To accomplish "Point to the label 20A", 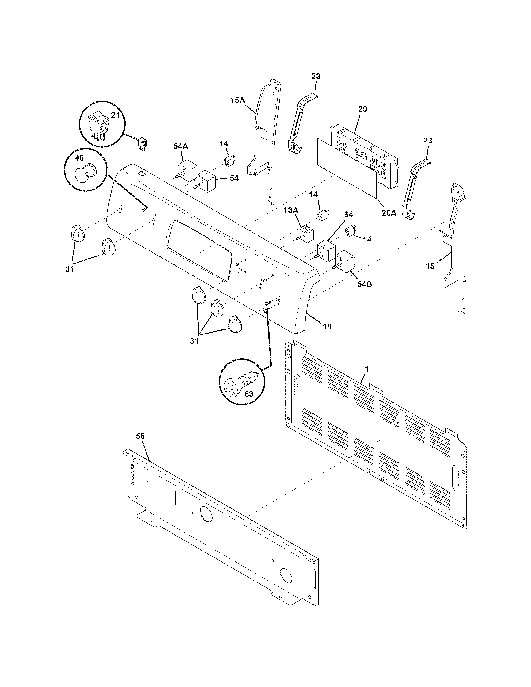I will point(389,213).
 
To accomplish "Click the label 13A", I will point(291,210).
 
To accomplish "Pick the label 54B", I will point(364,284).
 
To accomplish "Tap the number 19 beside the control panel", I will point(327,327).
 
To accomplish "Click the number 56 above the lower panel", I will point(140,436).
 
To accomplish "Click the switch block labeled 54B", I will point(345,261).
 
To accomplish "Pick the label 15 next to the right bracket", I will point(430,266).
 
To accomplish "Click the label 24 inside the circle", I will point(116,115).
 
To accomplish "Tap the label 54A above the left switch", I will point(181,146).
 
